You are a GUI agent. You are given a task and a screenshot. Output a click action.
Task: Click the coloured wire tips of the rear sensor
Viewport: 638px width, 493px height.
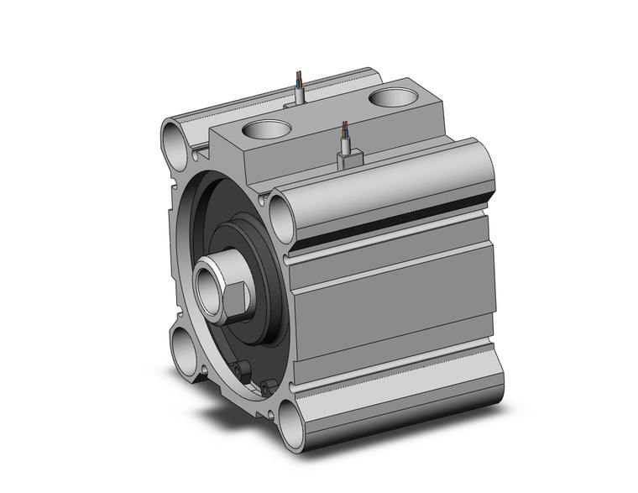pos(300,80)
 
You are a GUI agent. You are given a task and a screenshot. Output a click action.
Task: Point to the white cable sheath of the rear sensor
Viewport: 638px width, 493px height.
pos(301,94)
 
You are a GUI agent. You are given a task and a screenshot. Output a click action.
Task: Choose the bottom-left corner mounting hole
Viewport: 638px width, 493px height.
pos(186,345)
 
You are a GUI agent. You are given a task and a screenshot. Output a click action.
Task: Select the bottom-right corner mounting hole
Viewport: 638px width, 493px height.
pos(290,423)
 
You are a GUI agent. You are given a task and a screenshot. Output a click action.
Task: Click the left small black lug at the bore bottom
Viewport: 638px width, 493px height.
pos(239,369)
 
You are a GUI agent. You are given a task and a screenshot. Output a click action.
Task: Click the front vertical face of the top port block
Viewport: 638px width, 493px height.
pos(243,160)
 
